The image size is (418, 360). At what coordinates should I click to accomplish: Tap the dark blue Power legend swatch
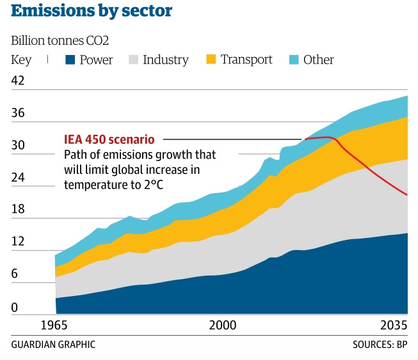point(70,60)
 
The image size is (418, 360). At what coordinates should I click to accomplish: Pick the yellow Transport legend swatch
point(211,60)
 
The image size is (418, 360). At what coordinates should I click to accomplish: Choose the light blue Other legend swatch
point(293,60)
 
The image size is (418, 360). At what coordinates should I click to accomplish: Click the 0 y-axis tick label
point(15,308)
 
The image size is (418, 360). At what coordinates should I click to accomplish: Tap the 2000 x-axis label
point(222,325)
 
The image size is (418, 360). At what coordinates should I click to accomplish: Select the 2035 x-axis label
point(393,325)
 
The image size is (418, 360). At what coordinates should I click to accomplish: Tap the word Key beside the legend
point(21,60)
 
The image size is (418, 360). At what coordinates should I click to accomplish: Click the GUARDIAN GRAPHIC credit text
point(53,345)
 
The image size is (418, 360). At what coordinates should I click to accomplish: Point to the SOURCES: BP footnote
point(380,345)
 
